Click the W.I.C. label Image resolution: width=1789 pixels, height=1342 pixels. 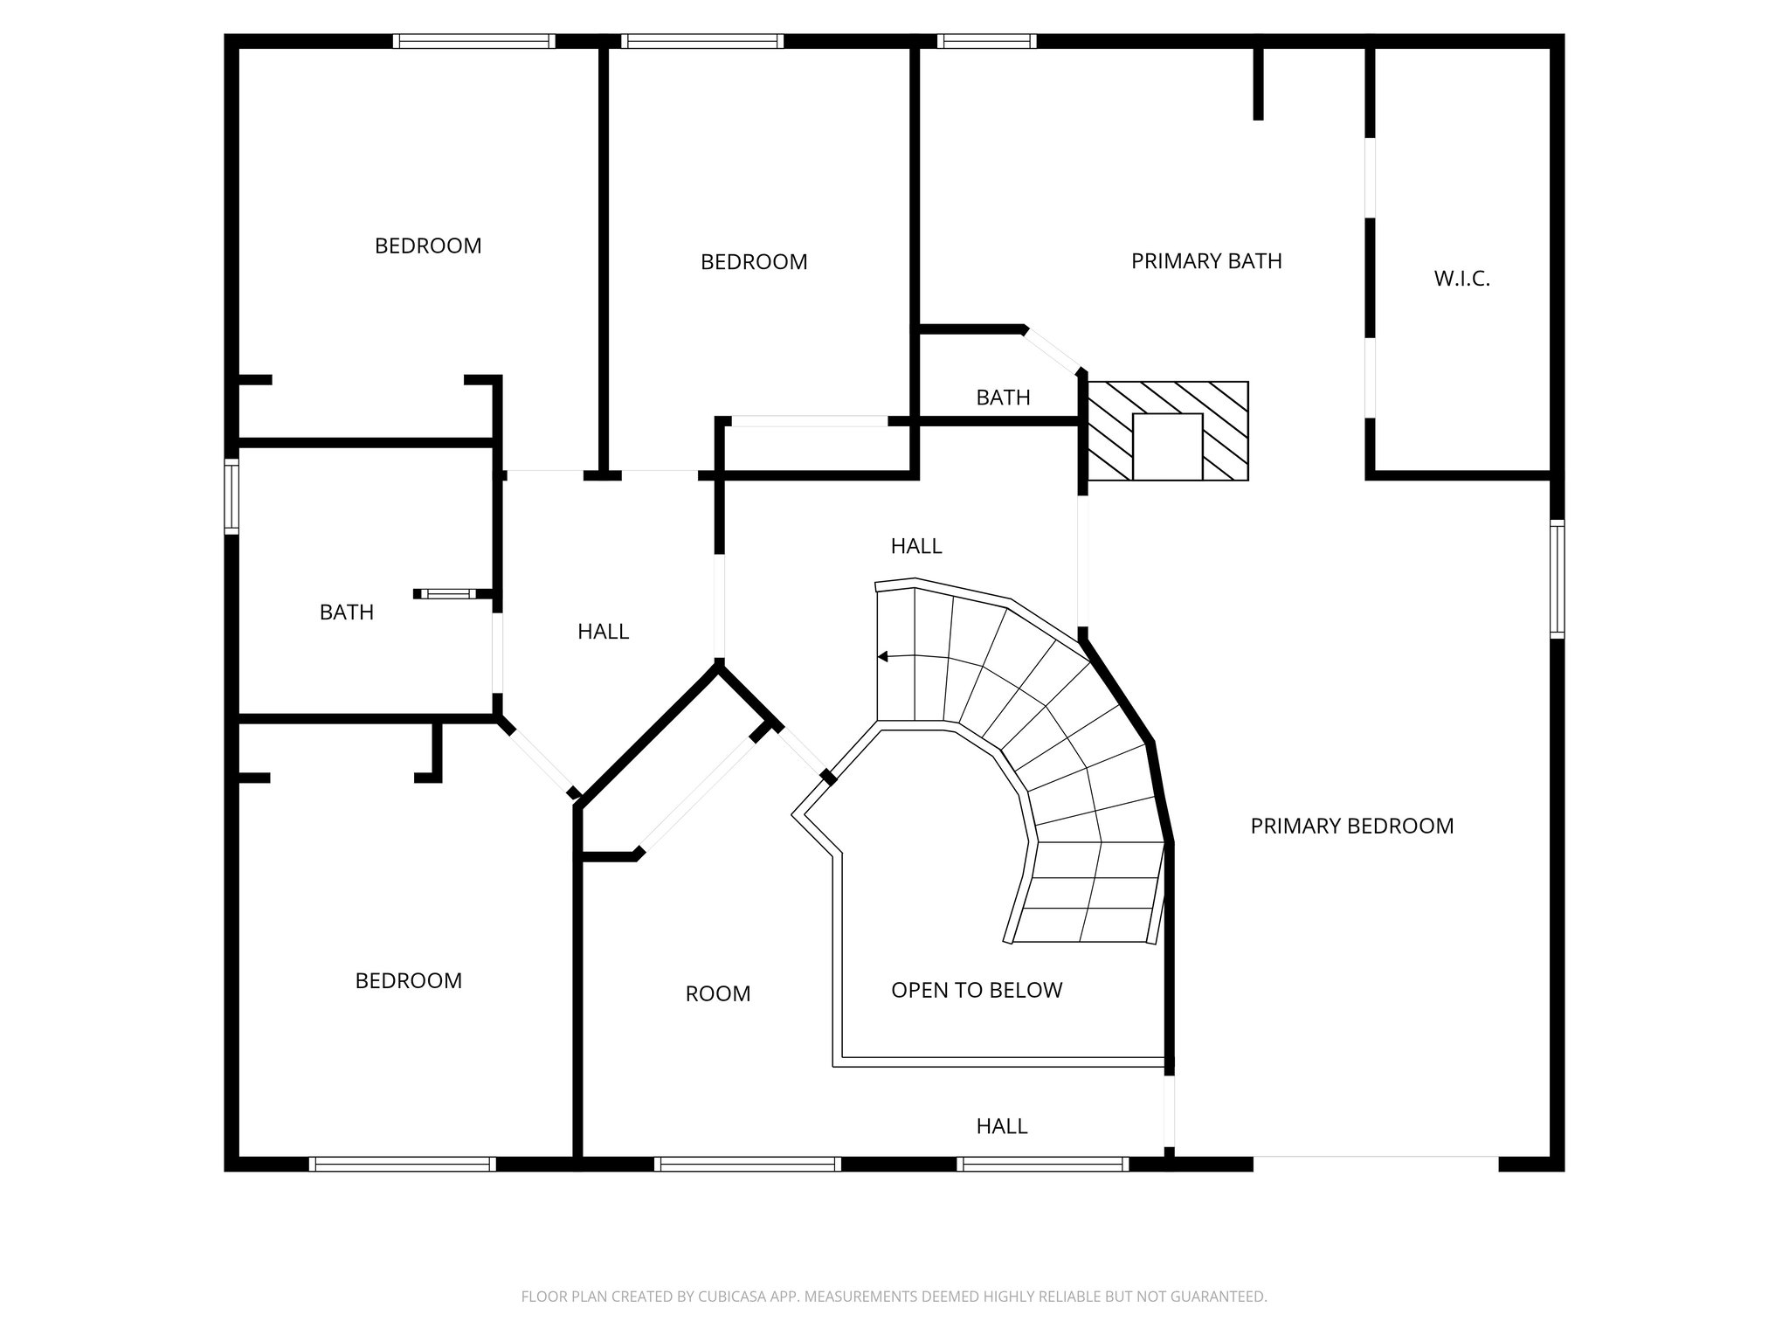point(1461,279)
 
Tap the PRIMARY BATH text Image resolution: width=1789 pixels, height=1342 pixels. point(1206,261)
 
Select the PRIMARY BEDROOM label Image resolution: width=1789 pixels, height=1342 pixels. point(1351,826)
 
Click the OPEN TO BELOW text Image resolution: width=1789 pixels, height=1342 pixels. point(977,990)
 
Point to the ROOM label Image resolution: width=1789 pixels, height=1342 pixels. point(717,993)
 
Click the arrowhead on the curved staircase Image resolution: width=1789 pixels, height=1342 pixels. point(882,656)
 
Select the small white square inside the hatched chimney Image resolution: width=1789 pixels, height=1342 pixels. point(1167,446)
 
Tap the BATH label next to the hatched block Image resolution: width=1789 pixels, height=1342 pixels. point(1003,398)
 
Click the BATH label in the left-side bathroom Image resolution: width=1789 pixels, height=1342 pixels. point(346,612)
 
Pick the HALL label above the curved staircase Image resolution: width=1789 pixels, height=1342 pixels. point(916,546)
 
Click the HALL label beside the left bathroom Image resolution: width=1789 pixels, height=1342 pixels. point(603,632)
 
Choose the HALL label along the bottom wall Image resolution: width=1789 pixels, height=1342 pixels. point(1001,1126)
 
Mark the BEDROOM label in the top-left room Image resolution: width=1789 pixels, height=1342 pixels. point(428,246)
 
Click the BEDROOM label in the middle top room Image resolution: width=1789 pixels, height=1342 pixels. point(754,262)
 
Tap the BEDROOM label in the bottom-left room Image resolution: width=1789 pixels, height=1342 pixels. point(408,981)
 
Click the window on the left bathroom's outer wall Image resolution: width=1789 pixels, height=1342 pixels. point(231,496)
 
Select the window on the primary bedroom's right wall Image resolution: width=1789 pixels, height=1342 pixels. point(1557,578)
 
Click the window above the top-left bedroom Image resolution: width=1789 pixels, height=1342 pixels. point(473,41)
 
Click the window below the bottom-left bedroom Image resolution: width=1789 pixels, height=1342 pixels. point(403,1164)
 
